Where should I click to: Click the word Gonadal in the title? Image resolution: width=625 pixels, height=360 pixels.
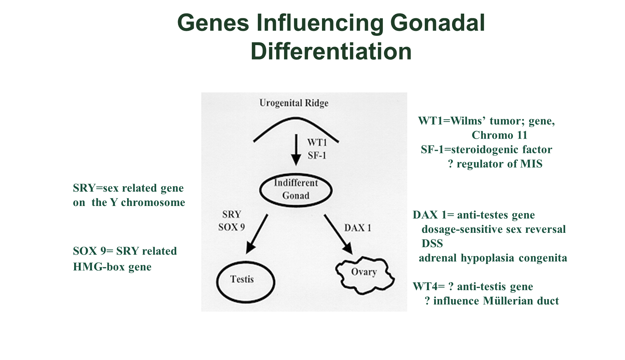[437, 23]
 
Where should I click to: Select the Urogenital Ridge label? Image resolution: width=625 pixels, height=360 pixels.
[294, 103]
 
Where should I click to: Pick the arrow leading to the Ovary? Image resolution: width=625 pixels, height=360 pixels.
[338, 234]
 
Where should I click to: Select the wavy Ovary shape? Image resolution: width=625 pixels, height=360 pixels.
[365, 274]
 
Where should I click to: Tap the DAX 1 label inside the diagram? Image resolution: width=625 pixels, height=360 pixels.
[357, 228]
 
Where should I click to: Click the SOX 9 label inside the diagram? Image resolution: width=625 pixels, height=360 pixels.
[231, 227]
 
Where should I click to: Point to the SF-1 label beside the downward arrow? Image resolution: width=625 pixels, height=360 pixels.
[317, 155]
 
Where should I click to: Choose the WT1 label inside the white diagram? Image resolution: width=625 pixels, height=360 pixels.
[317, 143]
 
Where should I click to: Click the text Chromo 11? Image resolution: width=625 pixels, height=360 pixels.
[499, 135]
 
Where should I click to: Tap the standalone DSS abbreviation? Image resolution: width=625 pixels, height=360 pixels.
[432, 244]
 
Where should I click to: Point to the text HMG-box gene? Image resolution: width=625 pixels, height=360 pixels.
[112, 267]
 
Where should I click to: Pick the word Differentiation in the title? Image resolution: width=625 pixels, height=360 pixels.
[331, 52]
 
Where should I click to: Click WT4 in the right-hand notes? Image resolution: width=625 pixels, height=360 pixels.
[423, 287]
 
